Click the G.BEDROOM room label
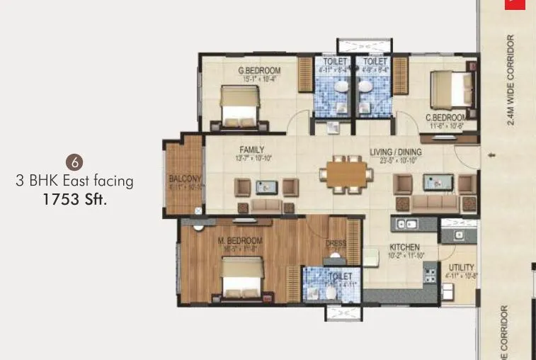pos(260,70)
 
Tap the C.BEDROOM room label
pos(445,117)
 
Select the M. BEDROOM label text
pos(240,241)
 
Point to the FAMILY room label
pos(252,150)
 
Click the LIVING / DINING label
pos(396,152)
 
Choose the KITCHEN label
pos(404,247)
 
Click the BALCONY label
pos(185,179)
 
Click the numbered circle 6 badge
pos(72,159)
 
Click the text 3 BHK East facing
pos(74,181)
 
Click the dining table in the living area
pos(346,174)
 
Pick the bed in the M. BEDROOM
pos(241,279)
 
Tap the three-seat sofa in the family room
pos(267,206)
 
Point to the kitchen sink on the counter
pos(408,225)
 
